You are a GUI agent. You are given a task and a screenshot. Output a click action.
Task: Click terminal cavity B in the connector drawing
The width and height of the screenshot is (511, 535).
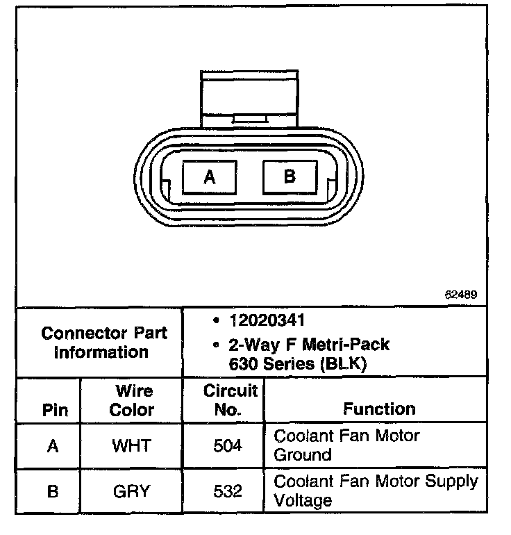coord(290,176)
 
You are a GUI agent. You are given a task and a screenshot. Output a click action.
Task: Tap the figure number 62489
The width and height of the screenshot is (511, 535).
coord(461,295)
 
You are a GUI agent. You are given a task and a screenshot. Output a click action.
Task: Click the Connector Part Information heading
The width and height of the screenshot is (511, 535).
coord(103,343)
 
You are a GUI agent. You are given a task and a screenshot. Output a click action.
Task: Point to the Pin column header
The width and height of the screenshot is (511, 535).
coord(56,410)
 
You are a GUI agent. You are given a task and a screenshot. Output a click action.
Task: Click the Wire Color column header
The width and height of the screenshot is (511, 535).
coord(131,400)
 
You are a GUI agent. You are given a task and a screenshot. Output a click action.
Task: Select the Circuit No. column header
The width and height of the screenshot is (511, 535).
coord(230,400)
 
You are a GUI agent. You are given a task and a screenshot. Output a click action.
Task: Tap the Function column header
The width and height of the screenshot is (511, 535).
coord(379,409)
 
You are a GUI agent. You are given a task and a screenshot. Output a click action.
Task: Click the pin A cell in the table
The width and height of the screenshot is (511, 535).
coord(53,446)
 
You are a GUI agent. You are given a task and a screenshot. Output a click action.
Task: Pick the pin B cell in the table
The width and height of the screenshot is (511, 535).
coord(53,491)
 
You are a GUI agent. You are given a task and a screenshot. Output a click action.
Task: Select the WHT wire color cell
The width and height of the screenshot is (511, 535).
coord(131,446)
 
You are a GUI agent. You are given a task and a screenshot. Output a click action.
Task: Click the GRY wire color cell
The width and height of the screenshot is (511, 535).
coord(131,491)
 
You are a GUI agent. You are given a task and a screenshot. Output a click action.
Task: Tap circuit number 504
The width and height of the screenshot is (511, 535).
coord(228,446)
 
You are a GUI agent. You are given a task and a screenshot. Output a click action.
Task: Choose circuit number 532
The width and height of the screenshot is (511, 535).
coord(228,491)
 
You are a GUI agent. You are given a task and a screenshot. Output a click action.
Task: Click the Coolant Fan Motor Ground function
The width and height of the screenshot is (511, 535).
coord(347,445)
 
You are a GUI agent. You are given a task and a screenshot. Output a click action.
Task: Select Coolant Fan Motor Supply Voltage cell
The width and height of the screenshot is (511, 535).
coord(376,491)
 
